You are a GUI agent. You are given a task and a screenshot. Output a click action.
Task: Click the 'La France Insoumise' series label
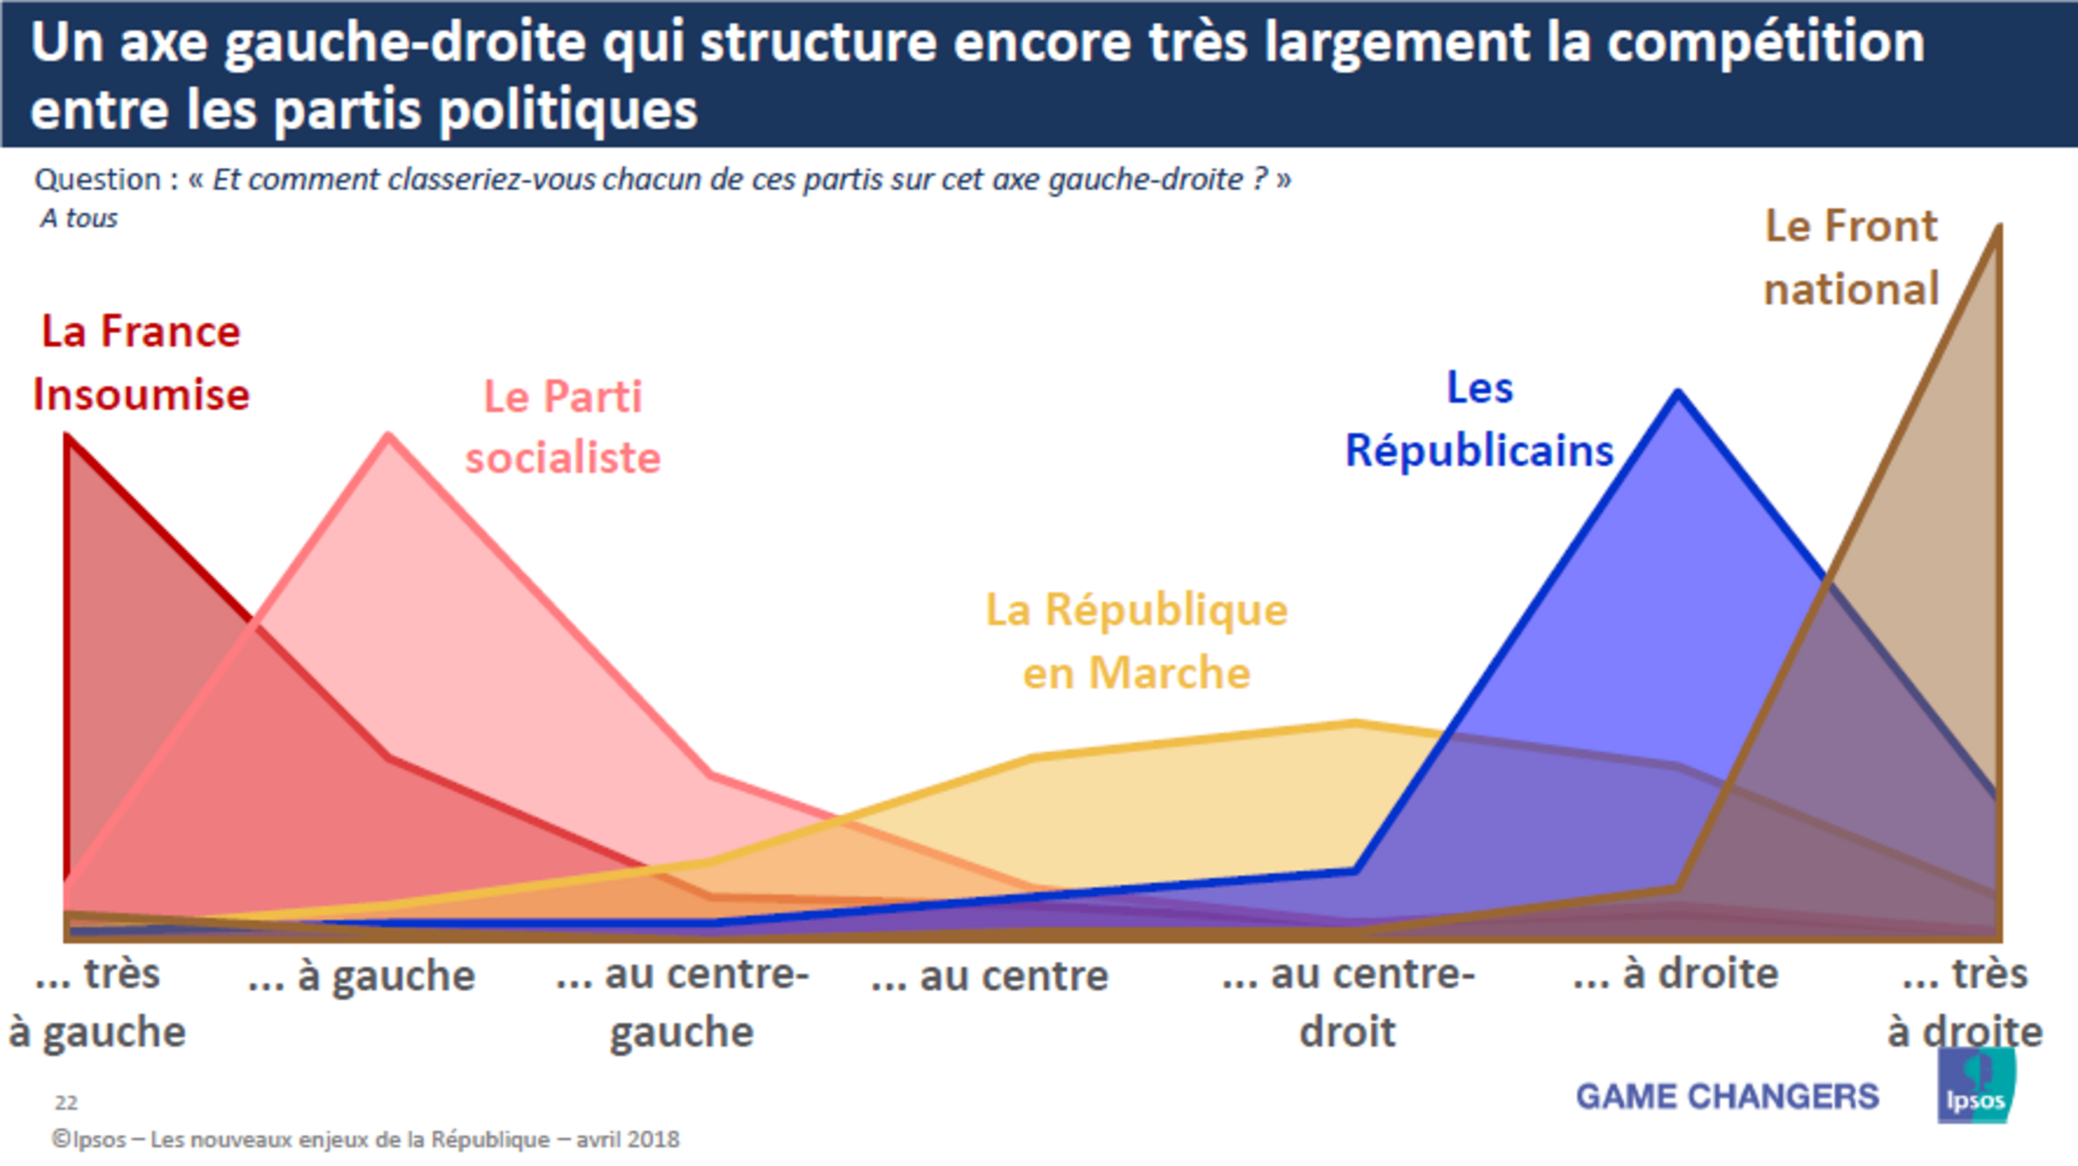point(141,363)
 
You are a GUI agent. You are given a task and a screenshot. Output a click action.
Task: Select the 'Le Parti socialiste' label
point(563,427)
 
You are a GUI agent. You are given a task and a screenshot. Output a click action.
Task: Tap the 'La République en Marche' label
point(1136,642)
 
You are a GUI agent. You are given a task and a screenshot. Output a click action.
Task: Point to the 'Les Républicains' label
point(1479,420)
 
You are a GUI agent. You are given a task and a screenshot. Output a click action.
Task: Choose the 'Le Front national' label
point(1850,257)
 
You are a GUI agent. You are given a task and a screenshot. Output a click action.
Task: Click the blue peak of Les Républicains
point(1678,392)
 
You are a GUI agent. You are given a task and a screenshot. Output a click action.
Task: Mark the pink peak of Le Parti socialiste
point(389,436)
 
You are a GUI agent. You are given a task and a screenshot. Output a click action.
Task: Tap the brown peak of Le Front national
point(1997,230)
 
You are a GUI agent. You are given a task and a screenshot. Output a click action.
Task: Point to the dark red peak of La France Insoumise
point(68,437)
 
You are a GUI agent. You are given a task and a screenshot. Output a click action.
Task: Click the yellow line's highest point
point(1354,724)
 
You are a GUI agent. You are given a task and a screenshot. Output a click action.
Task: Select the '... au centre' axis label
point(990,976)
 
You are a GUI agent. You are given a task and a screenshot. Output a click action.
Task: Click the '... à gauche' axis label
point(362,976)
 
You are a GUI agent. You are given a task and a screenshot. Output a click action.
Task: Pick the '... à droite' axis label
point(1676,974)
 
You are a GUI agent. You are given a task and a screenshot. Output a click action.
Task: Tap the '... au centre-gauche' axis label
point(682,1003)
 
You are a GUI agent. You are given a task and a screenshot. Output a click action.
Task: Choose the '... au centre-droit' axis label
point(1348,1003)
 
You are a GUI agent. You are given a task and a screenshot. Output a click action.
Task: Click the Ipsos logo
point(1975,1088)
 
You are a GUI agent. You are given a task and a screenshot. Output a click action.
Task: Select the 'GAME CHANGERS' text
point(1728,1096)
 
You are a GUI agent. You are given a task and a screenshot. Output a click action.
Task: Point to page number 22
point(66,1103)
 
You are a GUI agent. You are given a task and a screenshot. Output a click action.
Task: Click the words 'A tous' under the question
point(79,218)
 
